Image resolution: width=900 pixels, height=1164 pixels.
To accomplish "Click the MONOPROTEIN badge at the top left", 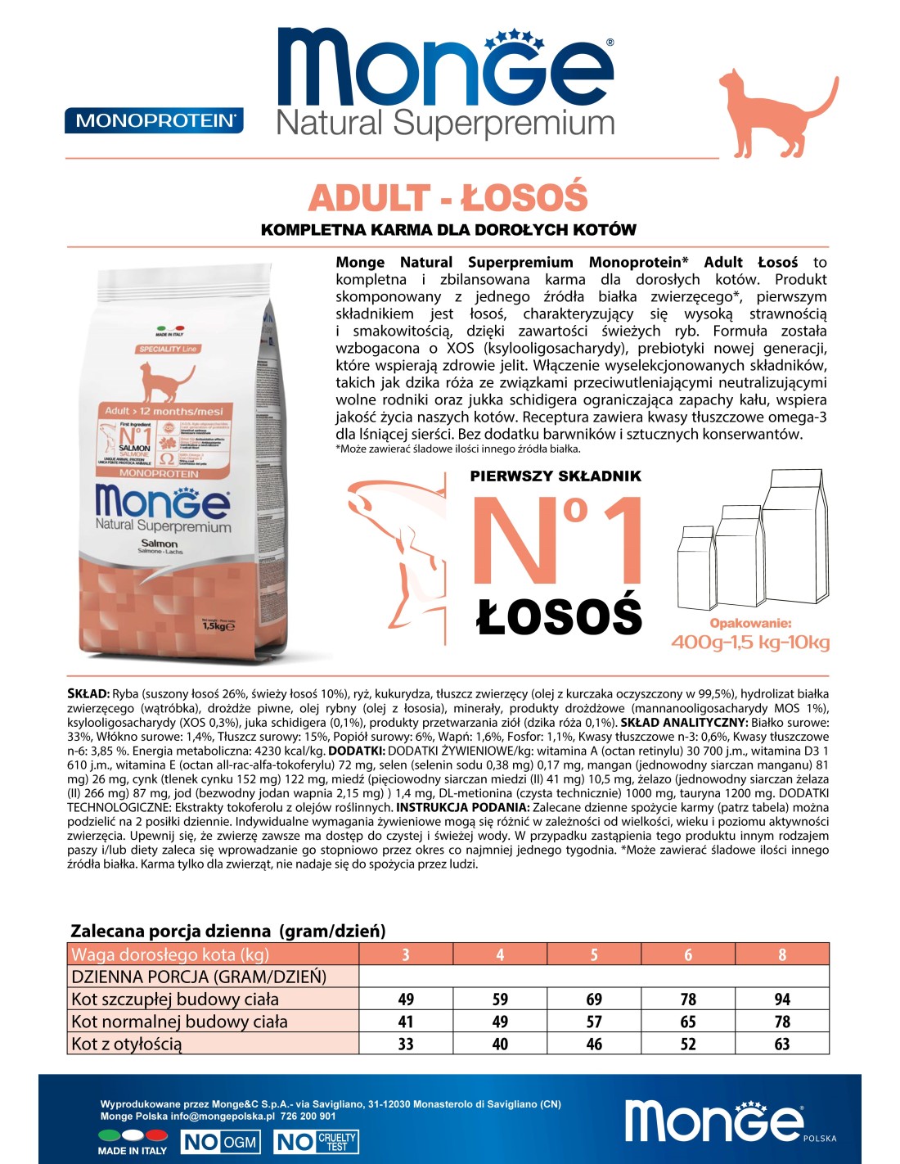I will point(154,121).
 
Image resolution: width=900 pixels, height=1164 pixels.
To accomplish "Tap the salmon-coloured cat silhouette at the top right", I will point(772,115).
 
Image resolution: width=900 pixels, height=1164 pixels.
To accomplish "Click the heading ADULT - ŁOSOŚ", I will point(448,198).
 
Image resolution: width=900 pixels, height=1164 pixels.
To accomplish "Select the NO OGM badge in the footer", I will point(219,1142).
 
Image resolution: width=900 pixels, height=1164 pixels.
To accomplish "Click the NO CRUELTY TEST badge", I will point(316,1142).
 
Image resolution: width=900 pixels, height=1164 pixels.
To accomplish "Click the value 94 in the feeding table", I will point(781,999).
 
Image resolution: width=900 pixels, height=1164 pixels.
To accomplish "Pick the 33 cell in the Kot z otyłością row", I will point(405,1044).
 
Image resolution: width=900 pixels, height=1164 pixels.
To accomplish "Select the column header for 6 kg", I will point(688,954).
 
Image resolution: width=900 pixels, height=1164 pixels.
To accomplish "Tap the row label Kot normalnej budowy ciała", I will point(179,1022).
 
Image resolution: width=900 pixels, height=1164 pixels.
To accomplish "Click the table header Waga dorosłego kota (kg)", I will point(170,954).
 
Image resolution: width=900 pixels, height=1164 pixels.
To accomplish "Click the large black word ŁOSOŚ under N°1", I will point(559,616).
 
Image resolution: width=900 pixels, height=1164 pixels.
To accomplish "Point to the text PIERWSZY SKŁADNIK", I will point(556,476).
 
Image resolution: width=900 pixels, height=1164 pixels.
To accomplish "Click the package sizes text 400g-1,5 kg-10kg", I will point(749,643).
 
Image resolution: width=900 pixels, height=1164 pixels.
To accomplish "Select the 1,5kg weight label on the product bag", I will point(218,625).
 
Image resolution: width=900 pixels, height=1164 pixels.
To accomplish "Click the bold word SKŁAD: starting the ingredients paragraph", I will point(88,694).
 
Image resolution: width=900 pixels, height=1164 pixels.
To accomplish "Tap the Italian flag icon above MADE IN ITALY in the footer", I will point(133,1135).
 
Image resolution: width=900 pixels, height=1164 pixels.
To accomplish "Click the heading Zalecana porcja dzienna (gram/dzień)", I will point(228,931).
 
